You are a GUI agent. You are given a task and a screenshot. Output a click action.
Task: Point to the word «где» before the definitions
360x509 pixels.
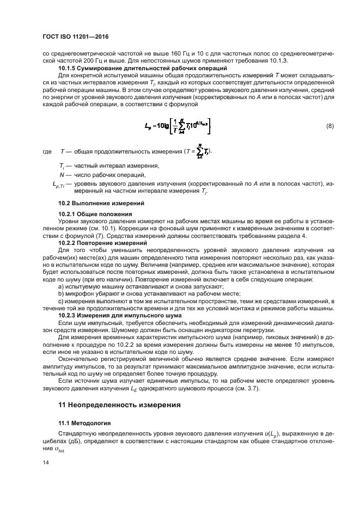[46, 151]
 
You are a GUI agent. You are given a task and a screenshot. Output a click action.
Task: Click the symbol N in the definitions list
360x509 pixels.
[62, 175]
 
